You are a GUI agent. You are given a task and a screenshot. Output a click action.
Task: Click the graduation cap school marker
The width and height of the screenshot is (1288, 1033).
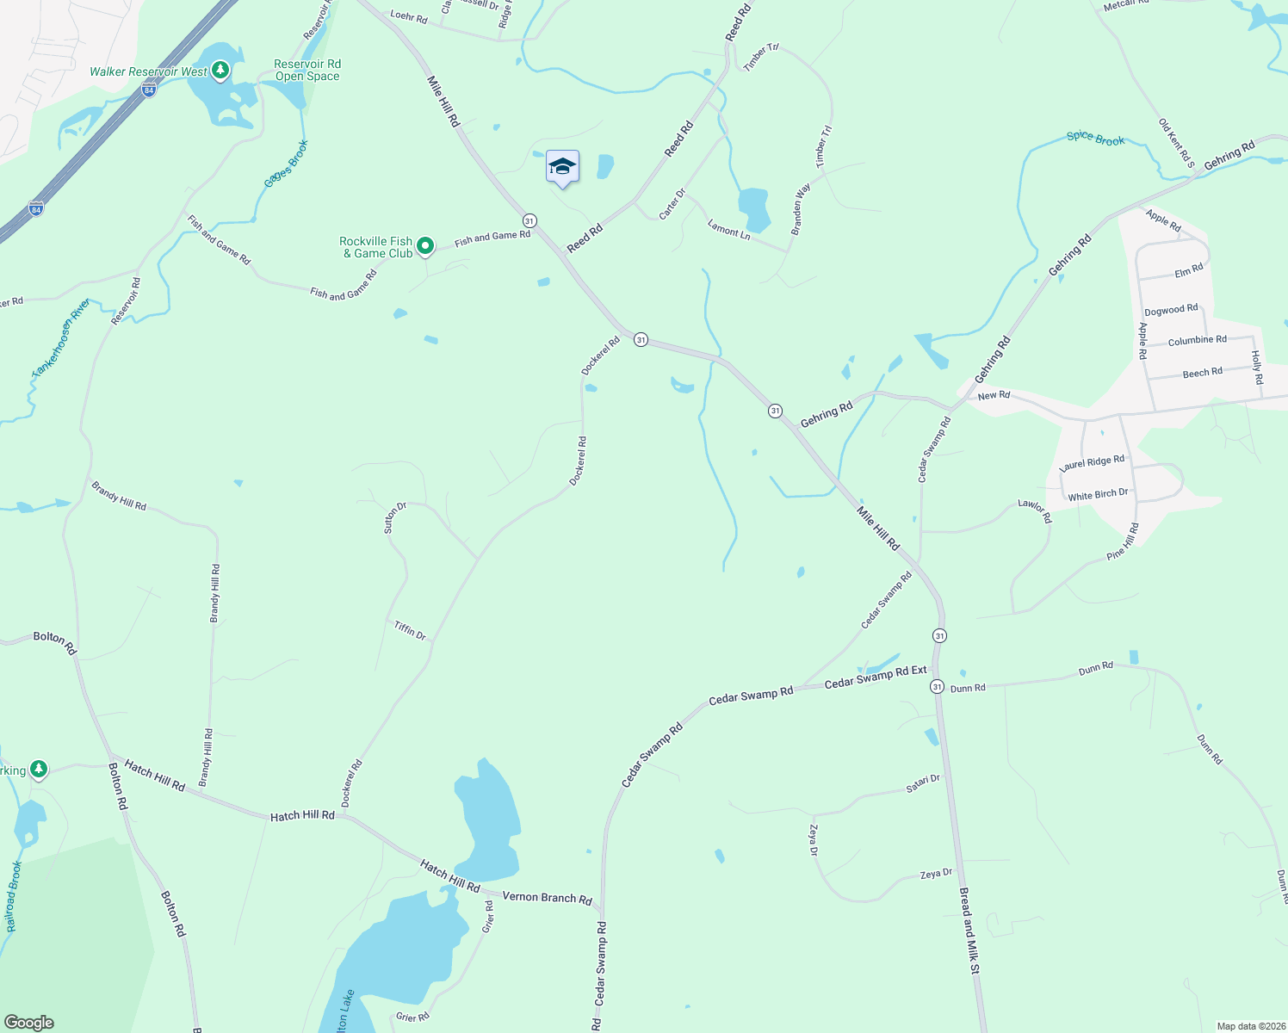[562, 166]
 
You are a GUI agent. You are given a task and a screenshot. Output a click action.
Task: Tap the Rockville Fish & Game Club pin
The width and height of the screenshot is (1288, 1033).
[425, 247]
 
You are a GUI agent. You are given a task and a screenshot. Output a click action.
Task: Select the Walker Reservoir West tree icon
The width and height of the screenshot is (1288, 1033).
[220, 70]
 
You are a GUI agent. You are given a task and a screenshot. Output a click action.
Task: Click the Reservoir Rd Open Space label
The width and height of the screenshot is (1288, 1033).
[307, 71]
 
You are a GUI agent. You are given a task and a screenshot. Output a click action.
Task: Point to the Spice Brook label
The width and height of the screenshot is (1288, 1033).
[1095, 139]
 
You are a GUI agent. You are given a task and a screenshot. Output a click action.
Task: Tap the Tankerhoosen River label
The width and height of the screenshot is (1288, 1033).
[60, 337]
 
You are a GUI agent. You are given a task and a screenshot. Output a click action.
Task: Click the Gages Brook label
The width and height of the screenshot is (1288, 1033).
[286, 164]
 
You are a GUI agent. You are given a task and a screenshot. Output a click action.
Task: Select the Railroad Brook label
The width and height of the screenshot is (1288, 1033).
[12, 896]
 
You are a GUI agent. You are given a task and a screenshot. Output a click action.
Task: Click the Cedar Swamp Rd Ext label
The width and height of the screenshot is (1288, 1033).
[876, 677]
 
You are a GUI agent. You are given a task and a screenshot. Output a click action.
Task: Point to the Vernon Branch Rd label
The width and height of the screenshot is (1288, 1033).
[547, 898]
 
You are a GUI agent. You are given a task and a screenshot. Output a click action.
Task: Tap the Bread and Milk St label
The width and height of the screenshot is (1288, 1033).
[969, 931]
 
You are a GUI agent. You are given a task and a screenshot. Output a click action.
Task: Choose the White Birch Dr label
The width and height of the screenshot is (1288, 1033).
[1098, 495]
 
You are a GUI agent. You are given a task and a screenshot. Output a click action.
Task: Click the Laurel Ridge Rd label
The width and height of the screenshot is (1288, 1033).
[1092, 462]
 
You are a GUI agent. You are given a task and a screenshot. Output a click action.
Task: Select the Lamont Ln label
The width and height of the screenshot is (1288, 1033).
[728, 230]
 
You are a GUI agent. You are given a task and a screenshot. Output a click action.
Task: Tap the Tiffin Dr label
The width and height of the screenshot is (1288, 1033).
[410, 631]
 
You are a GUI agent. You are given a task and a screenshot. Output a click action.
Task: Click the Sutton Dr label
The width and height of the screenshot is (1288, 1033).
[394, 517]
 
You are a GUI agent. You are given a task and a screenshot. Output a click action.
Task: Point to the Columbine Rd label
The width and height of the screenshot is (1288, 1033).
[1197, 341]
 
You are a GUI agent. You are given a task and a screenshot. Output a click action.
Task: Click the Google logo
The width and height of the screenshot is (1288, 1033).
[29, 1023]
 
